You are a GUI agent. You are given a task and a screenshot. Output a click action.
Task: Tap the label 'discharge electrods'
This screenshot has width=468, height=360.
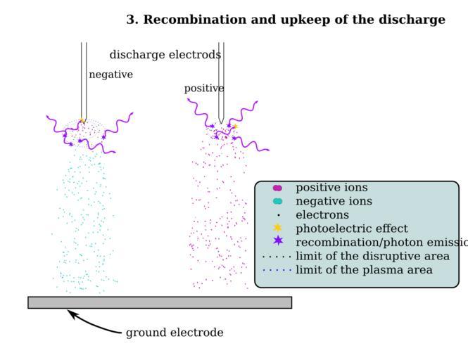pos(165,55)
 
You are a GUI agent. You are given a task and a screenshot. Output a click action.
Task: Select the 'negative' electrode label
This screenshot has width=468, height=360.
pos(110,75)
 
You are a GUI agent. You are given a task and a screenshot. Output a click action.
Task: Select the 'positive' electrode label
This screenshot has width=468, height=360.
pos(204,89)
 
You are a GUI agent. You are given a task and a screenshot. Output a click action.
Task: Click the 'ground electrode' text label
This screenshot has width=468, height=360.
pos(175,333)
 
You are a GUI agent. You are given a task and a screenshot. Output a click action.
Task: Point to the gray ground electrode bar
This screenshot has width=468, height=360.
pos(160,302)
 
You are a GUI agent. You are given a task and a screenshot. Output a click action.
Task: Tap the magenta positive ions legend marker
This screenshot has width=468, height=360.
pos(277,188)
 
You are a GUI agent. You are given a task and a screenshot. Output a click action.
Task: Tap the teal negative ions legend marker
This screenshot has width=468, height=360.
pos(277,201)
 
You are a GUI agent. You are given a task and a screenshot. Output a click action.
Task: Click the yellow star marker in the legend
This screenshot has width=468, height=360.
pos(277,228)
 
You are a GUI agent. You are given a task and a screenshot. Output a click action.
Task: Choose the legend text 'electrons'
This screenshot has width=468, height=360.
pos(322,215)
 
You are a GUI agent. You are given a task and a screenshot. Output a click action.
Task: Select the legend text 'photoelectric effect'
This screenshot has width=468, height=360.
pos(351,229)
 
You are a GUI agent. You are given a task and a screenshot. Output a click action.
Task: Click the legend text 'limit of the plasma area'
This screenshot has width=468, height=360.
pos(364,270)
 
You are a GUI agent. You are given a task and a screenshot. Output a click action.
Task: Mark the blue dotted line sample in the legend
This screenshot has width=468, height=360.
pos(277,270)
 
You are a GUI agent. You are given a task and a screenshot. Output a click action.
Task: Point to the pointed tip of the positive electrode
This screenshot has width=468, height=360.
pos(221,122)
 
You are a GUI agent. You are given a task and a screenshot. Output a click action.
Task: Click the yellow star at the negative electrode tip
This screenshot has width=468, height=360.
pos(82,122)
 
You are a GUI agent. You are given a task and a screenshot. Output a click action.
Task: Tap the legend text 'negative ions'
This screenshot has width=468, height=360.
pos(334,202)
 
